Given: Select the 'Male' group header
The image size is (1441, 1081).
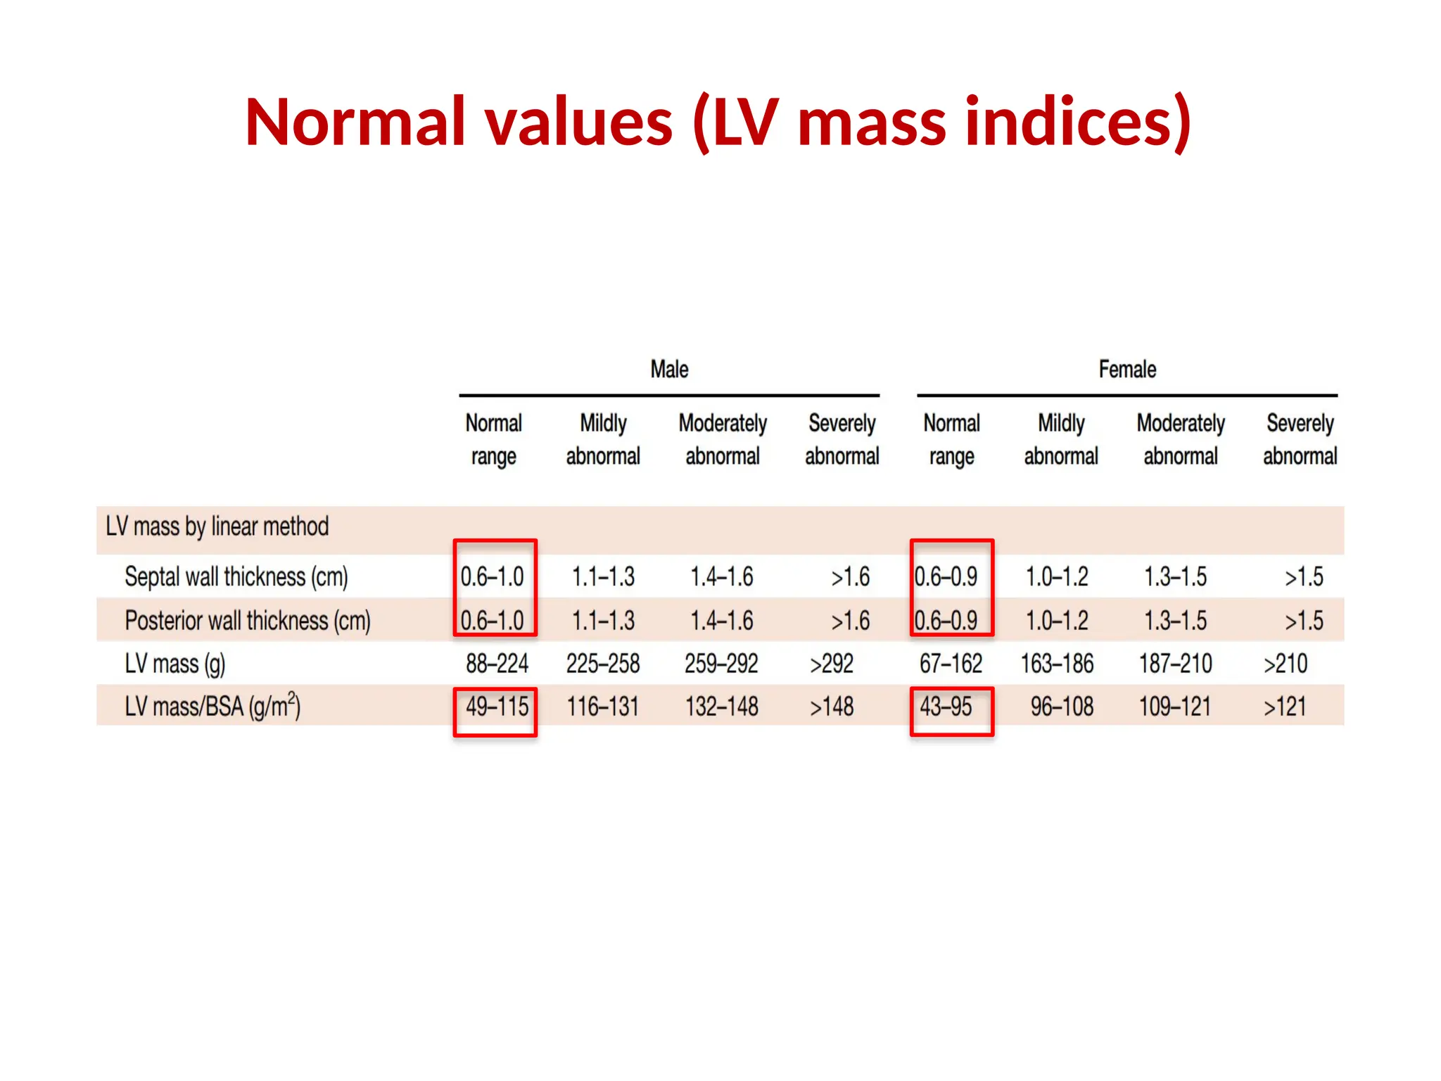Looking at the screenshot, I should coord(669,369).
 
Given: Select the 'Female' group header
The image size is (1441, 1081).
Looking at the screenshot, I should coord(1127,369).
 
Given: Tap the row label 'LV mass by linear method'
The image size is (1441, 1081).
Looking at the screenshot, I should coord(217,526).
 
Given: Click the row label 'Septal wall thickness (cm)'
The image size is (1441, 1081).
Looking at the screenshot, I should coord(236,577).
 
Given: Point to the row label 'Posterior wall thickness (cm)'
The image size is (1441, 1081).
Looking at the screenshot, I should coord(247,621).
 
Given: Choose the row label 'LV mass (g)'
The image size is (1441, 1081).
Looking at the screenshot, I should coord(175,664).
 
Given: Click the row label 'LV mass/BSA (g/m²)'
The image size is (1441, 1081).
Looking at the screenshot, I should coord(212,707).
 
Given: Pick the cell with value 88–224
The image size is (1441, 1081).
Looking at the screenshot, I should coord(497,664).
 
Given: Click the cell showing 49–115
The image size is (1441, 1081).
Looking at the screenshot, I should coord(497,707).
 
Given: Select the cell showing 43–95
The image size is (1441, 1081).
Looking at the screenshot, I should coord(946,707).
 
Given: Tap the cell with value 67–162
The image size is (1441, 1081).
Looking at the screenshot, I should coord(951,664).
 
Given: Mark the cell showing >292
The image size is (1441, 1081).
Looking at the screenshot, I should coord(831,664).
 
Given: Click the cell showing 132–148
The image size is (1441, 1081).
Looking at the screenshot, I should coord(722,707).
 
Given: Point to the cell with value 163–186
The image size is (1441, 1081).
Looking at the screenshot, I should coord(1057,664).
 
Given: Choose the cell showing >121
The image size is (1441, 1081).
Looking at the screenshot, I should coord(1285,707).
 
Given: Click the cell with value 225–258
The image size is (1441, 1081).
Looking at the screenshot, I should coord(603,664).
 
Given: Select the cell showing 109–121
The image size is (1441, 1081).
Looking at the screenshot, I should coord(1175,707).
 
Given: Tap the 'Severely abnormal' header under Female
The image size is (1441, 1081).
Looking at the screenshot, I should coord(1300,440).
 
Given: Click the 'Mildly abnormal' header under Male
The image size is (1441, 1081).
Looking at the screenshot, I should coord(603,440).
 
